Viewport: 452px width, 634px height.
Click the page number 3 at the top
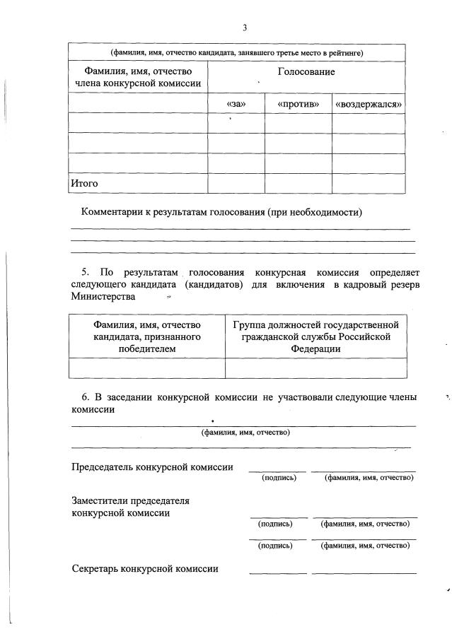(244, 28)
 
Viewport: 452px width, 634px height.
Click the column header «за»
(236, 104)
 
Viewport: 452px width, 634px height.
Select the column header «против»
(298, 104)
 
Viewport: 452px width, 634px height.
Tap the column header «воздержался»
(369, 104)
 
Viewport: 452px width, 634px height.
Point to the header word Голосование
(306, 72)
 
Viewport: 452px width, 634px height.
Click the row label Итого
(83, 183)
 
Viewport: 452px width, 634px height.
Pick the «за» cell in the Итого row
(236, 183)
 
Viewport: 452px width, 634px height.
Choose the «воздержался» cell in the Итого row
(369, 183)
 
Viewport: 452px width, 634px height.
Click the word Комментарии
(115, 212)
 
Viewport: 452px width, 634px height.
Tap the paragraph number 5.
(85, 271)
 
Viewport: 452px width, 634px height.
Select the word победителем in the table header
(147, 348)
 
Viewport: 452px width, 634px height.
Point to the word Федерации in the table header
(315, 348)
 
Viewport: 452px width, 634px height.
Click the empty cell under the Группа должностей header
(315, 368)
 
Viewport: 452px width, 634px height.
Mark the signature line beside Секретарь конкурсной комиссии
(278, 572)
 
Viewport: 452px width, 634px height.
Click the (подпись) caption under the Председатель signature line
(279, 479)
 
